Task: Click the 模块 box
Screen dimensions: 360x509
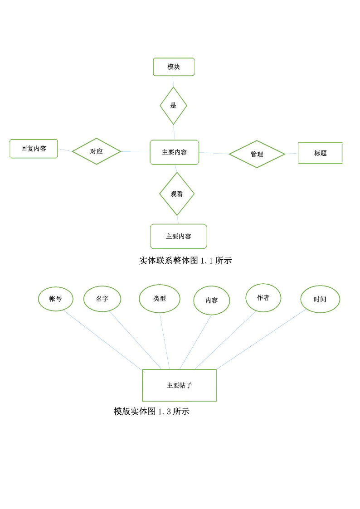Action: point(174,67)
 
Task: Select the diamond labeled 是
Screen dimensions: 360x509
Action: point(173,106)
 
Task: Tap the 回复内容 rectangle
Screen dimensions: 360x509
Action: point(34,149)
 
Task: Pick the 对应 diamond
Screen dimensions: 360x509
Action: point(97,151)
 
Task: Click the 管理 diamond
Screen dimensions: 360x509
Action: point(257,154)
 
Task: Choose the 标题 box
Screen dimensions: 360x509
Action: point(321,153)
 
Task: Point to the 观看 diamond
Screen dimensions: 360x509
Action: point(177,194)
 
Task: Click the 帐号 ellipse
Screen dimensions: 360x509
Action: point(55,299)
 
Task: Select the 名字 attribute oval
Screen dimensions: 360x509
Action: point(102,299)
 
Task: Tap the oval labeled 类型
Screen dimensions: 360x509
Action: point(160,298)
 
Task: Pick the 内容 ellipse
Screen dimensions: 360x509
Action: point(212,300)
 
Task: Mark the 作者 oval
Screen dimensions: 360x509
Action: point(263,298)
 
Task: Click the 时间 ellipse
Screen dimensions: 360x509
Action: point(320,299)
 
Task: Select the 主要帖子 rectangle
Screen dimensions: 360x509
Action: point(179,385)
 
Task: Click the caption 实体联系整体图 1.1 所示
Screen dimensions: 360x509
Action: point(185,260)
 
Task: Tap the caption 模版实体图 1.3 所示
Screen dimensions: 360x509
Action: point(151,411)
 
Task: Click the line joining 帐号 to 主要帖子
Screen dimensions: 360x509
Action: point(103,340)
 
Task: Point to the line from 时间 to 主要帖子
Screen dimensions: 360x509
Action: point(262,339)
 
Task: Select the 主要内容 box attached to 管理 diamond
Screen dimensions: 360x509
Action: point(174,152)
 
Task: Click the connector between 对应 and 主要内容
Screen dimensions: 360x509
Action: point(136,151)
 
